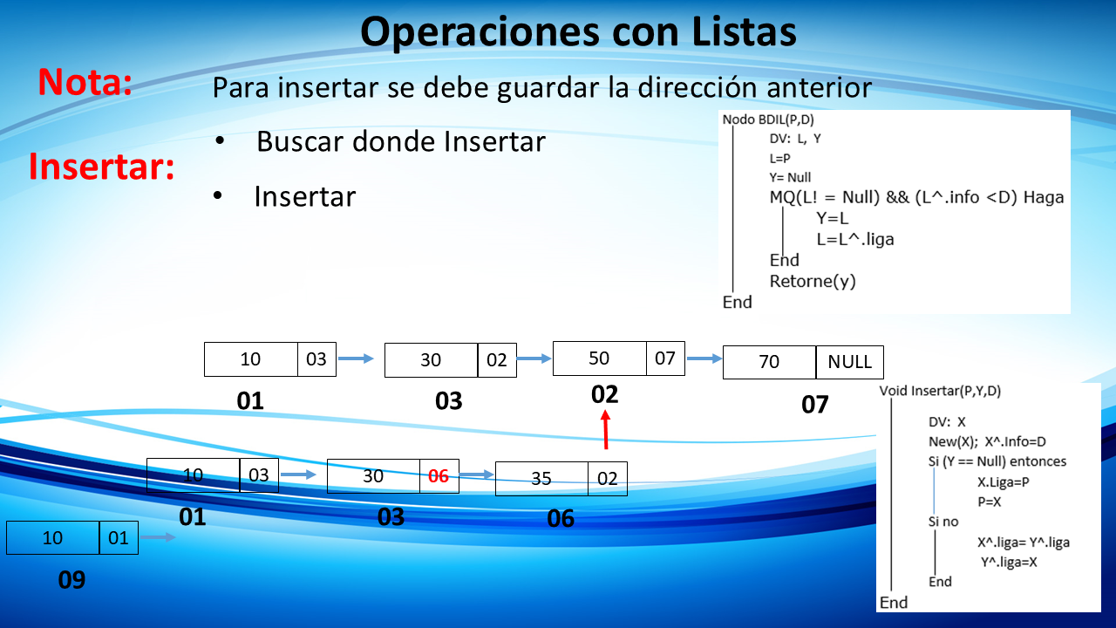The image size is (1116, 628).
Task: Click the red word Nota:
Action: [x=85, y=82]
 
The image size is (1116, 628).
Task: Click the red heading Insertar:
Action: [x=102, y=166]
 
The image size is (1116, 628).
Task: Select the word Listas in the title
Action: [x=745, y=31]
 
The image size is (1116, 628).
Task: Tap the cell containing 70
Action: [x=769, y=362]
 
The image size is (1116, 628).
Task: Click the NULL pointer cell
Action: [x=850, y=362]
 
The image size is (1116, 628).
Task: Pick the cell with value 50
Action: [x=599, y=358]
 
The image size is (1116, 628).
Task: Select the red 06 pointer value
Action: [x=439, y=476]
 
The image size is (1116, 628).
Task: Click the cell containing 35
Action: [x=541, y=479]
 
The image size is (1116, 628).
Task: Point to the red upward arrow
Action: [x=605, y=430]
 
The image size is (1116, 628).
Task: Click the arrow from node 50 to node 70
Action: [x=704, y=358]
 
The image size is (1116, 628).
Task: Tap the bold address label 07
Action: [x=814, y=404]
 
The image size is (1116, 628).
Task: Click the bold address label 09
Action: [x=71, y=580]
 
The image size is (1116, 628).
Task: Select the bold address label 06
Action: [x=561, y=518]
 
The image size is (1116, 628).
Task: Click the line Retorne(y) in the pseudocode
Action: [x=813, y=282]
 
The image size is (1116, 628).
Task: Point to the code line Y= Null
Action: [x=790, y=177]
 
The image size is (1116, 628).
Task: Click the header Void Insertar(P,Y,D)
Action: [x=940, y=391]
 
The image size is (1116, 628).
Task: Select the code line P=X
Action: [x=989, y=502]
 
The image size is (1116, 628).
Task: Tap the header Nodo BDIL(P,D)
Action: [x=768, y=119]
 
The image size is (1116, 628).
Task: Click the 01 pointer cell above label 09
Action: [x=119, y=538]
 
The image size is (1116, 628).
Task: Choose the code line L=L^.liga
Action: [x=855, y=240]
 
